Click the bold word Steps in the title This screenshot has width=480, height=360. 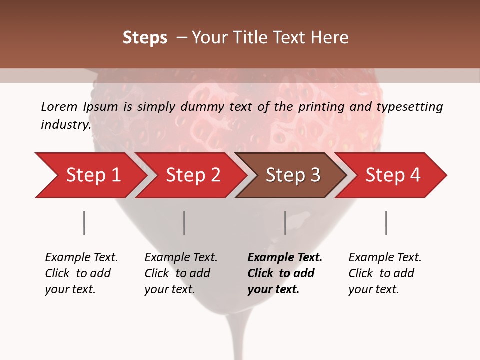[x=145, y=38]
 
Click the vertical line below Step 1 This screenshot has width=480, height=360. [x=84, y=223]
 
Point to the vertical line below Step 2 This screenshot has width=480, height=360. [x=184, y=223]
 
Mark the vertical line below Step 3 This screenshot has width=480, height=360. [x=285, y=223]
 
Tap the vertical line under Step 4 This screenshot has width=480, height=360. [x=386, y=223]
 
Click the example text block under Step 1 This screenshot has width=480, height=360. [x=81, y=273]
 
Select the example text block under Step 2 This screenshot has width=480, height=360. [x=181, y=273]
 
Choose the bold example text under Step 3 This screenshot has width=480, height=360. [x=285, y=273]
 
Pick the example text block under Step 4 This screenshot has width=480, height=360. [x=385, y=273]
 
